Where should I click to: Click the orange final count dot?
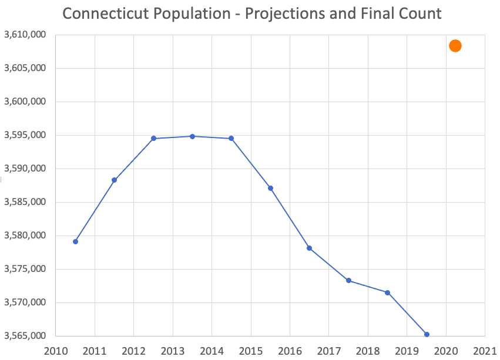(455, 46)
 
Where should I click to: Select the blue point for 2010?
(75, 241)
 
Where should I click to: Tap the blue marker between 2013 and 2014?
(192, 136)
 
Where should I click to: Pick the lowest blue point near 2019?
(427, 334)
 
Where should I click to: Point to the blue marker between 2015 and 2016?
(271, 188)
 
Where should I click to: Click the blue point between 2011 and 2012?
(114, 180)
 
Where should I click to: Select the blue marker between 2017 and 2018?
(348, 280)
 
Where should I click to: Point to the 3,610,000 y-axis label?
(25, 35)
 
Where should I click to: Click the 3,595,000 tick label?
(25, 136)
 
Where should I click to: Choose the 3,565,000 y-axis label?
(25, 337)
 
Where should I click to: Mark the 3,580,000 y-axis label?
(25, 236)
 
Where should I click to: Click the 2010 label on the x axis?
(56, 352)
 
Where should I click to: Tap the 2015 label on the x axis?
(251, 352)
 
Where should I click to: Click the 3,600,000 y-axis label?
(25, 102)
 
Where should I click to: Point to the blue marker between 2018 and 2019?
(387, 292)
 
